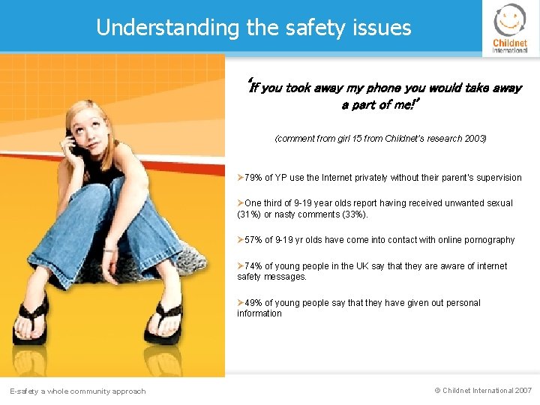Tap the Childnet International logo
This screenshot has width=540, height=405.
click(x=510, y=28)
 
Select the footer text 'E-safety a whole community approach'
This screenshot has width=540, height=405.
click(x=77, y=391)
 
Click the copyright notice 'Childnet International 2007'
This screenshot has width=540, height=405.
click(x=483, y=391)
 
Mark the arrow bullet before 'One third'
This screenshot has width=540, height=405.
click(x=240, y=203)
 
